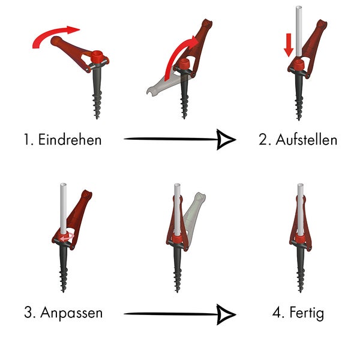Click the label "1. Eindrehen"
63,140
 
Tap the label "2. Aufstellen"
298,140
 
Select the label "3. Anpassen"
64,313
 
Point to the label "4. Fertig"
298,313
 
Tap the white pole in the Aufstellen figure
298,30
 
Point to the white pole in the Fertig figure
298,207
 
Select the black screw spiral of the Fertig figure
298,270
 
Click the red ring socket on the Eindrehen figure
97,59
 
